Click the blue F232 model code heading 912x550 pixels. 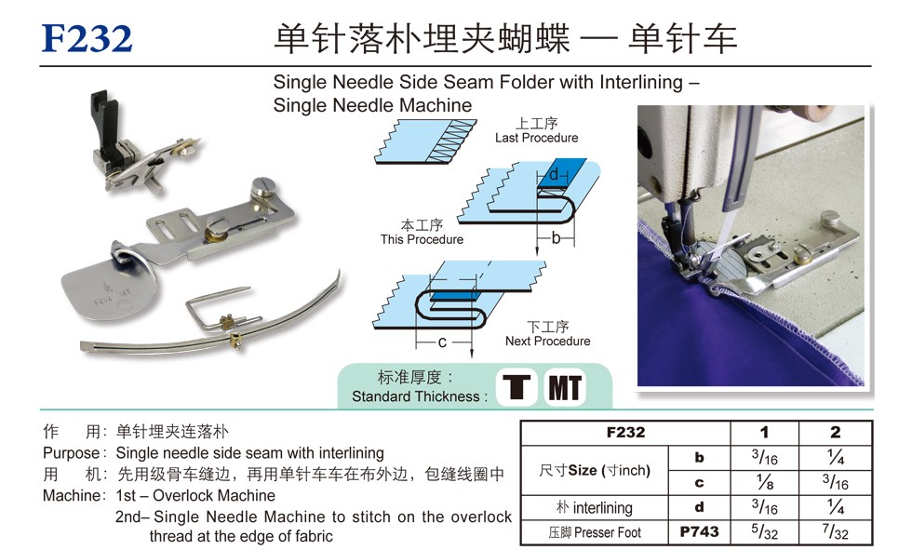87,38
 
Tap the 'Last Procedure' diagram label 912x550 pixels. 536,138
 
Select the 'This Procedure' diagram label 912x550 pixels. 422,239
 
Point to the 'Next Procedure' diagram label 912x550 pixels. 547,341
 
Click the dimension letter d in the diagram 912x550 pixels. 553,173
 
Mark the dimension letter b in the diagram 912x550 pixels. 557,238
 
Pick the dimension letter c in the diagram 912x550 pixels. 442,342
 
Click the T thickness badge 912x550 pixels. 516,387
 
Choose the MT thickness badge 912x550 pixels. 565,387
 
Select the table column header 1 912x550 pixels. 764,432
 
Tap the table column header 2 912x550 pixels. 836,432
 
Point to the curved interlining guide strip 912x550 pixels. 210,326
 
